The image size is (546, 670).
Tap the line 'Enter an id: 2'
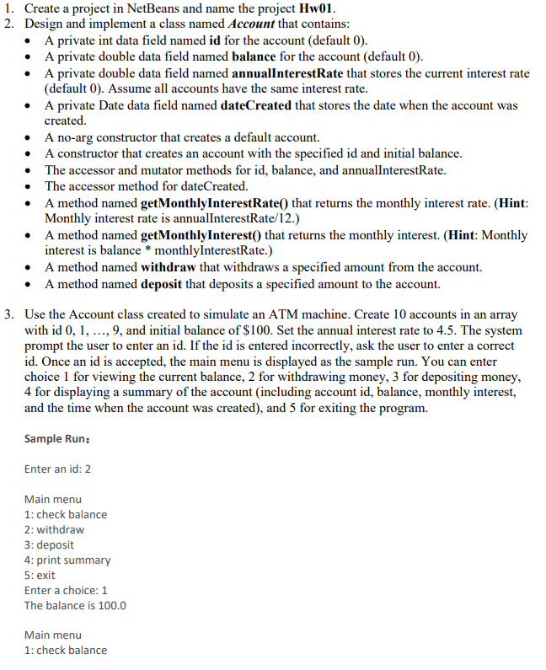57,469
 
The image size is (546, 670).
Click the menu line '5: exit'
40,575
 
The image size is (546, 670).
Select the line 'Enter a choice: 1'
66,590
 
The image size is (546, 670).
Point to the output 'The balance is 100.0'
75,605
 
